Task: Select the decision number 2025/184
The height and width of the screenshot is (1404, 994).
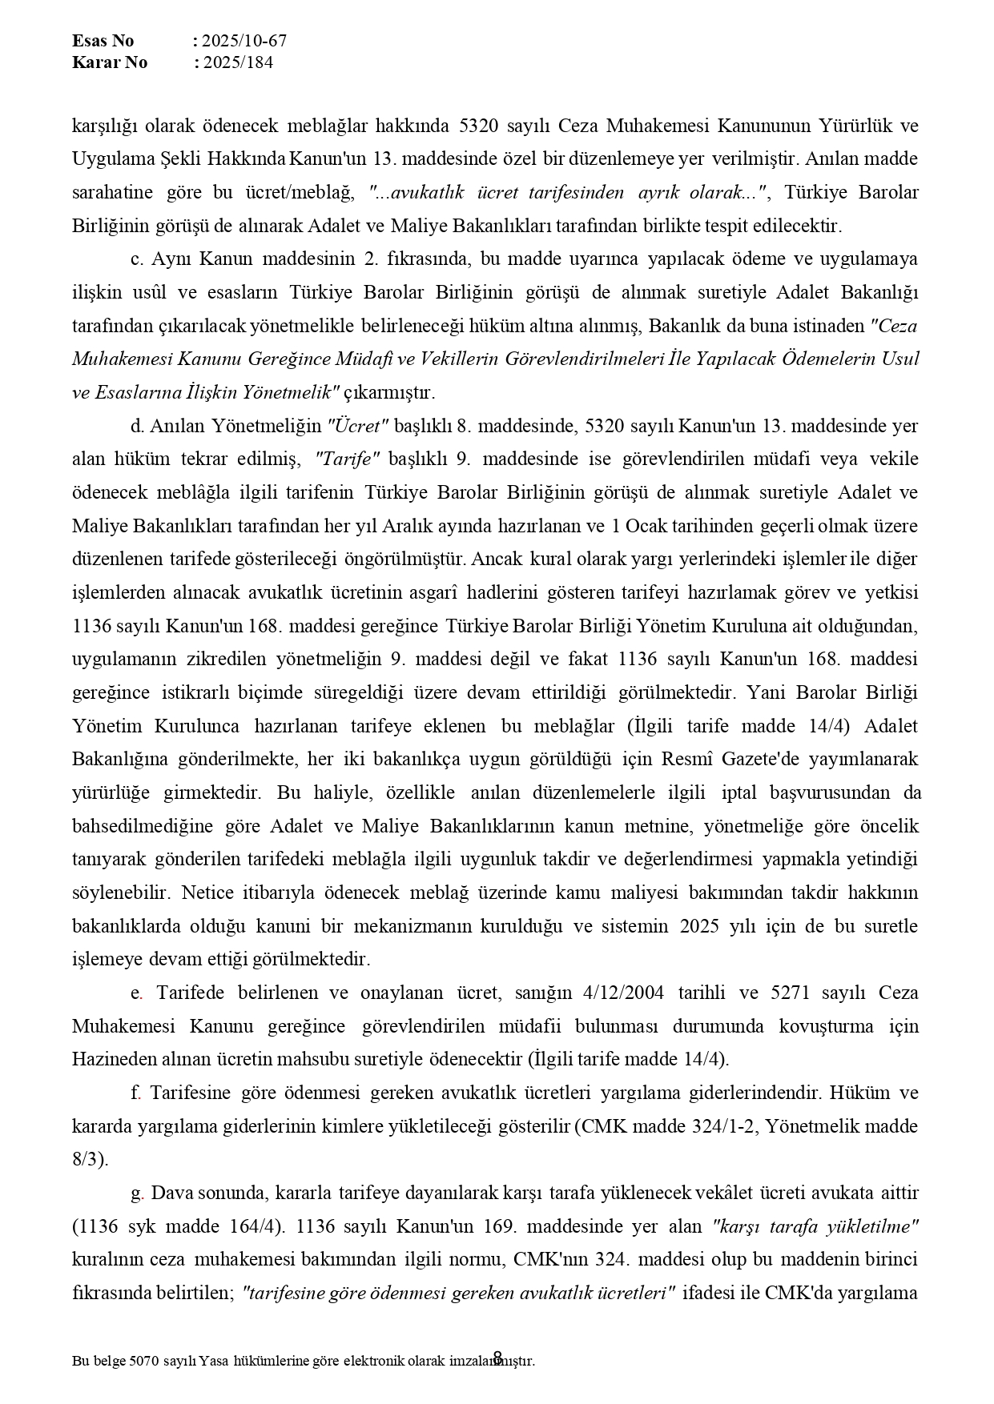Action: click(238, 62)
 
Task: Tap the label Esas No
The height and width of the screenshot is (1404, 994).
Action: click(103, 41)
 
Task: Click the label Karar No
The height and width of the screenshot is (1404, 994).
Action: click(109, 62)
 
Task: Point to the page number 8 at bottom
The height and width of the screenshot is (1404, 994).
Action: click(497, 1357)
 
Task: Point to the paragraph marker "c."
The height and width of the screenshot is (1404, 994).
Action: click(136, 259)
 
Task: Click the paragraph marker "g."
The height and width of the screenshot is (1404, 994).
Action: click(137, 1193)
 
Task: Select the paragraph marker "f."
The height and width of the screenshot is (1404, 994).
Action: click(135, 1093)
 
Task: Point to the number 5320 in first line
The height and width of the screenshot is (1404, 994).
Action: click(480, 126)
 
